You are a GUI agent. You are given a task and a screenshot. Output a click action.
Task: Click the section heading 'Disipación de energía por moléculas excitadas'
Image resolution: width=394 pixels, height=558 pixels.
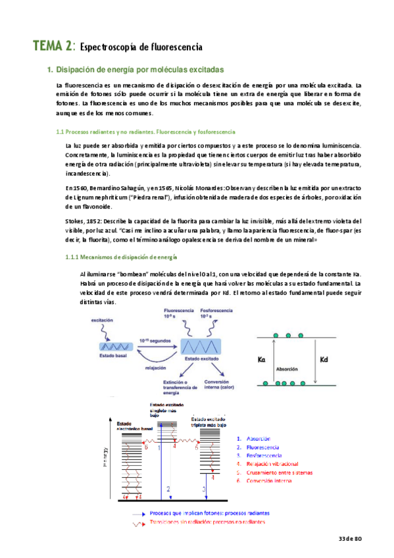tap(141, 69)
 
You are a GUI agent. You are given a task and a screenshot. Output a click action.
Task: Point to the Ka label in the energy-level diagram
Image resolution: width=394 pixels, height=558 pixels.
tap(262, 359)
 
